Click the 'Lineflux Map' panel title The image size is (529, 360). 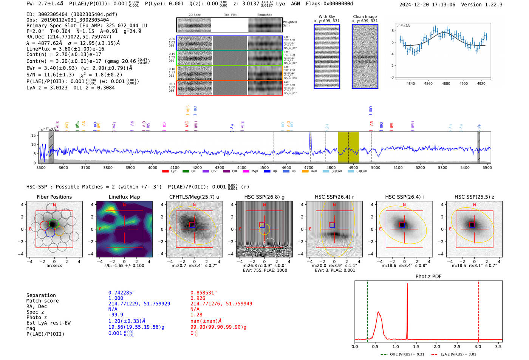pyautogui.click(x=124, y=197)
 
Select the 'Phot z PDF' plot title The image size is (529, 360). pyautogui.click(x=428, y=277)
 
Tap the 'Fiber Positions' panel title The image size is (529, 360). pyautogui.click(x=54, y=197)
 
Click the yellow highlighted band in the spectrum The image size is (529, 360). pyautogui.click(x=348, y=147)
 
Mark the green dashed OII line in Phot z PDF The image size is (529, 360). pyautogui.click(x=367, y=310)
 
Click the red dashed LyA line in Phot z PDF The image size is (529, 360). pyautogui.click(x=478, y=310)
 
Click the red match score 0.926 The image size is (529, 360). pyautogui.click(x=198, y=298)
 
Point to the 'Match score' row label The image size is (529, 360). pyautogui.click(x=42, y=301)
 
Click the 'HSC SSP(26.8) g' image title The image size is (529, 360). pyautogui.click(x=264, y=197)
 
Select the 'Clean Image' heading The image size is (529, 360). pyautogui.click(x=365, y=17)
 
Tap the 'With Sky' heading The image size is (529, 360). pyautogui.click(x=326, y=17)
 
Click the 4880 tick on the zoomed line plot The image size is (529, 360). pyautogui.click(x=446, y=83)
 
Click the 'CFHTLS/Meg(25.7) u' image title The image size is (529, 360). pyautogui.click(x=194, y=197)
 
